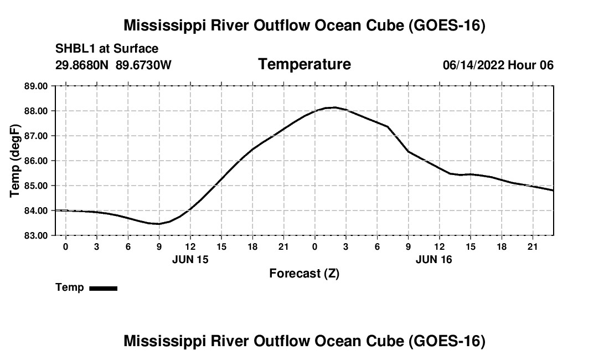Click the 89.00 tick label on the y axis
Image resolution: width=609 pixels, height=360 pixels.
[36, 86]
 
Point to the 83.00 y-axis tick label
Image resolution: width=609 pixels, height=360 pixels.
[36, 235]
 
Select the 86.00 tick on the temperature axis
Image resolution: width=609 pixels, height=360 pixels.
[36, 161]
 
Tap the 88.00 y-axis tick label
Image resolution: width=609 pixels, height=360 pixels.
[36, 111]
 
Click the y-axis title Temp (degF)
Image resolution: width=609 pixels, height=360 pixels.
[15, 161]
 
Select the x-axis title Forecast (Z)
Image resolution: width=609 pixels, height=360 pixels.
[304, 274]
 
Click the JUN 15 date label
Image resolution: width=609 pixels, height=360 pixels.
[190, 260]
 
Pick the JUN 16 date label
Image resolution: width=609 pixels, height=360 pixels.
[434, 260]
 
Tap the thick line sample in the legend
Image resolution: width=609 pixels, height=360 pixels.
[104, 288]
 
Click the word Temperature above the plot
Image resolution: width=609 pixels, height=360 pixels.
[304, 64]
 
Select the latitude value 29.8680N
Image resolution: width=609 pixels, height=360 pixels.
[81, 65]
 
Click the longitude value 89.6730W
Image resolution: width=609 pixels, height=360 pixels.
[143, 65]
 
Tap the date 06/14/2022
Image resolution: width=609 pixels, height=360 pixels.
[473, 65]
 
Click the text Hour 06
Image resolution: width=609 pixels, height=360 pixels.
[530, 65]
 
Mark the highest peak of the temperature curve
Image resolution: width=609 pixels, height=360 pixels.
[335, 107]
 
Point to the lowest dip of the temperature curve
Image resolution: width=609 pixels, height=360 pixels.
[158, 224]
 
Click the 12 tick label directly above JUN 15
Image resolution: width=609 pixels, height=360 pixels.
[190, 247]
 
